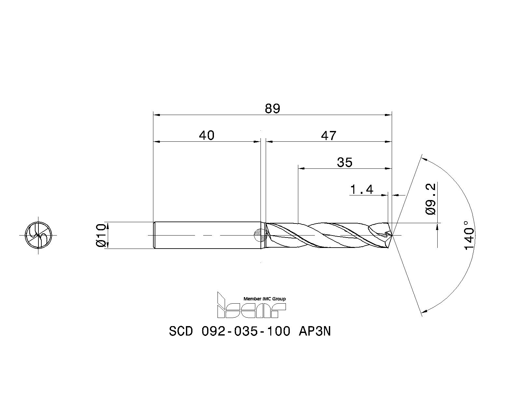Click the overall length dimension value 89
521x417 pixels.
pos(272,108)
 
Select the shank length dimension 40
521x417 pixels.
pos(207,135)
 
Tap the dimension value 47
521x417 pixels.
pos(328,135)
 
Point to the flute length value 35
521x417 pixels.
pos(345,162)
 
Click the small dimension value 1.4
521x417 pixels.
pos(362,189)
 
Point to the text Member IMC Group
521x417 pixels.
pos(264,299)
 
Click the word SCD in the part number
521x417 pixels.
pos(181,332)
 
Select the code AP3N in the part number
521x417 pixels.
pos(315,332)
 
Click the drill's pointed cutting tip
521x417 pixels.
pos(392,235)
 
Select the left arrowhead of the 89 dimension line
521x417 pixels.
pos(156,115)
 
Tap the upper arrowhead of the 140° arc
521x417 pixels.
pos(423,159)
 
